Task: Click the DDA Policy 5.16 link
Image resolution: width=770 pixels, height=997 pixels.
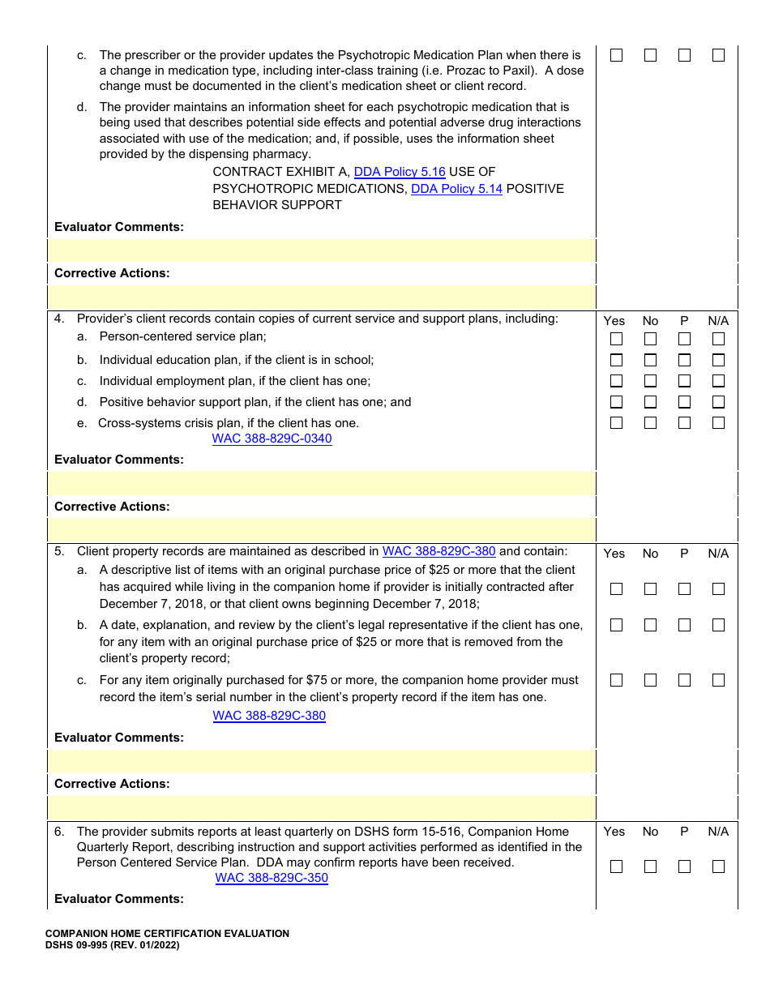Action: point(400,172)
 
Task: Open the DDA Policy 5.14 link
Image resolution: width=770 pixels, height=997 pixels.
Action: point(456,189)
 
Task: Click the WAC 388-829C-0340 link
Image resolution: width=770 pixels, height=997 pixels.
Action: point(272,439)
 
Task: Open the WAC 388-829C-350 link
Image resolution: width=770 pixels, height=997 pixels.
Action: point(272,878)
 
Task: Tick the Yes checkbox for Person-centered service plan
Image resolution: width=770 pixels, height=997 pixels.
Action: point(616,339)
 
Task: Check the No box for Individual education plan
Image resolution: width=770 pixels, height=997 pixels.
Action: point(650,360)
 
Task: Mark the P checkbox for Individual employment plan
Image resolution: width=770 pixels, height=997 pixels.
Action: point(684,381)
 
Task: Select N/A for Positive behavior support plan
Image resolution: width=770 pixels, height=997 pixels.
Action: point(718,402)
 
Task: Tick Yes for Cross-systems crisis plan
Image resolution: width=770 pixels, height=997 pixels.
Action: point(616,422)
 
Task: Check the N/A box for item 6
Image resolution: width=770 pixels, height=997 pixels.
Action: point(718,866)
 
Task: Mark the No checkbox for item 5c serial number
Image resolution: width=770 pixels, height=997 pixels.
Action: point(650,680)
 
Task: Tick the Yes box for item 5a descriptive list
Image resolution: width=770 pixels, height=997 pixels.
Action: point(616,589)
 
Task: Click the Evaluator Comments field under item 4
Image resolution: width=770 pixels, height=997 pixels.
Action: point(322,484)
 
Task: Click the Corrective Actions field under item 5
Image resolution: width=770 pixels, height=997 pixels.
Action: point(322,808)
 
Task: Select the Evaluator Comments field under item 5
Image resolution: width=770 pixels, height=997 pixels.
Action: point(322,761)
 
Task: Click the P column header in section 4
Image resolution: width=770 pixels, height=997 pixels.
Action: point(684,321)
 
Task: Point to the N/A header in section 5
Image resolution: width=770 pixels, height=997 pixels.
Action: point(718,554)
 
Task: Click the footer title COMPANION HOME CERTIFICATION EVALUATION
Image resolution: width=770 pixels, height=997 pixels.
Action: point(167,934)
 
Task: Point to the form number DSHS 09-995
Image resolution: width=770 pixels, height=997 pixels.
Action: point(81,945)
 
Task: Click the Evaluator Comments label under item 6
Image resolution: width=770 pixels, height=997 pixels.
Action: point(119,899)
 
